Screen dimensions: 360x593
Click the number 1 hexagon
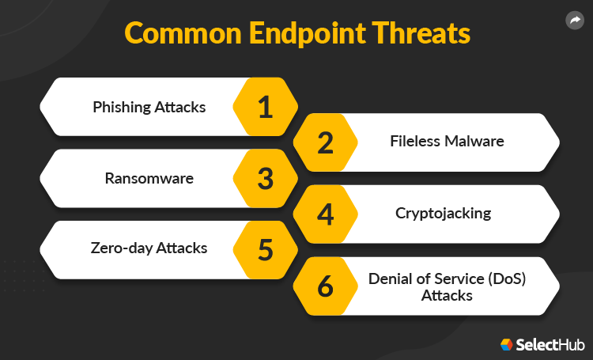point(266,107)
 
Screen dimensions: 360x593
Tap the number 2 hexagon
point(326,142)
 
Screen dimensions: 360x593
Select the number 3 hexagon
point(266,178)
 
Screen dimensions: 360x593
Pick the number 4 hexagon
point(326,214)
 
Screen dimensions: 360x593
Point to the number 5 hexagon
point(266,248)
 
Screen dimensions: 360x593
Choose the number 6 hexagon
point(326,286)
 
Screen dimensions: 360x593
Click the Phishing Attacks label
point(149,107)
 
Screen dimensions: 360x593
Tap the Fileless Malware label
point(447,142)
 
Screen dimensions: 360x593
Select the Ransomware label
point(149,178)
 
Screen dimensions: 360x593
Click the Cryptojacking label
point(444,213)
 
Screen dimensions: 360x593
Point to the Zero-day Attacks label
point(149,248)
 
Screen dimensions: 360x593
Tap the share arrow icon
point(575,21)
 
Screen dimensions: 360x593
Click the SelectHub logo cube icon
point(506,344)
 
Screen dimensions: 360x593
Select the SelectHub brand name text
point(550,345)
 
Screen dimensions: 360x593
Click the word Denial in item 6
point(389,279)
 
